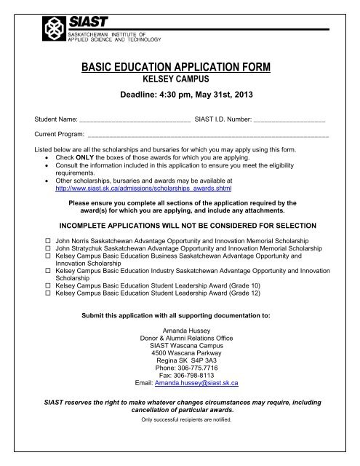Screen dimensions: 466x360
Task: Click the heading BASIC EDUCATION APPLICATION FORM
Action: coord(180,68)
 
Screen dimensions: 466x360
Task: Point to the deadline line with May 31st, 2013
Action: coord(180,97)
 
